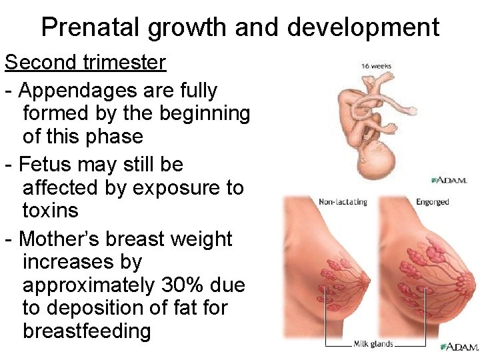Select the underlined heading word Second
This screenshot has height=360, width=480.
coord(41,63)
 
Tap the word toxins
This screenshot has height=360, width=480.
coord(51,211)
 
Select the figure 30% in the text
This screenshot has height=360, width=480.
coord(182,285)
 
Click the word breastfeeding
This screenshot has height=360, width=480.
coord(87,331)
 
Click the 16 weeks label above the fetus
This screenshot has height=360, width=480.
coord(376,67)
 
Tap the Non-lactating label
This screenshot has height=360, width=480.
coord(343,202)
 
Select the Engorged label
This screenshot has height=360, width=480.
coord(432,202)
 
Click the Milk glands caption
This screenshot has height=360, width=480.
coord(373,344)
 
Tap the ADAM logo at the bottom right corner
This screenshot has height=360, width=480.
coord(460,347)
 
